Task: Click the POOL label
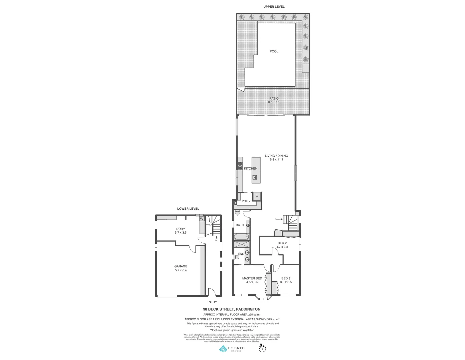tap(274, 51)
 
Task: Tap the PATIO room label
tap(274, 99)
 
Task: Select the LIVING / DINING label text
tap(276, 156)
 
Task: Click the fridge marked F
tap(257, 196)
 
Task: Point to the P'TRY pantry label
tap(246, 201)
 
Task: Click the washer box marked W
tap(201, 219)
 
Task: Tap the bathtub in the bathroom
tap(241, 237)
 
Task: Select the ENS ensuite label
tap(241, 254)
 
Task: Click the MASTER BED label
tap(252, 278)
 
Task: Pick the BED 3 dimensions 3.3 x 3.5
tap(286, 282)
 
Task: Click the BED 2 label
tap(282, 243)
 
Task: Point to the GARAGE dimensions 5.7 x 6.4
tap(181, 270)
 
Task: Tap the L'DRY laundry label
tap(180, 229)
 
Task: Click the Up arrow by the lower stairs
tap(216, 237)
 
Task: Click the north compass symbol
tap(262, 348)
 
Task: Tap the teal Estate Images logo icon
tap(223, 349)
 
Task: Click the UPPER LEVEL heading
tap(274, 7)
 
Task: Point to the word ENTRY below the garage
tap(212, 302)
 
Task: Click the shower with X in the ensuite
tap(241, 244)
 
